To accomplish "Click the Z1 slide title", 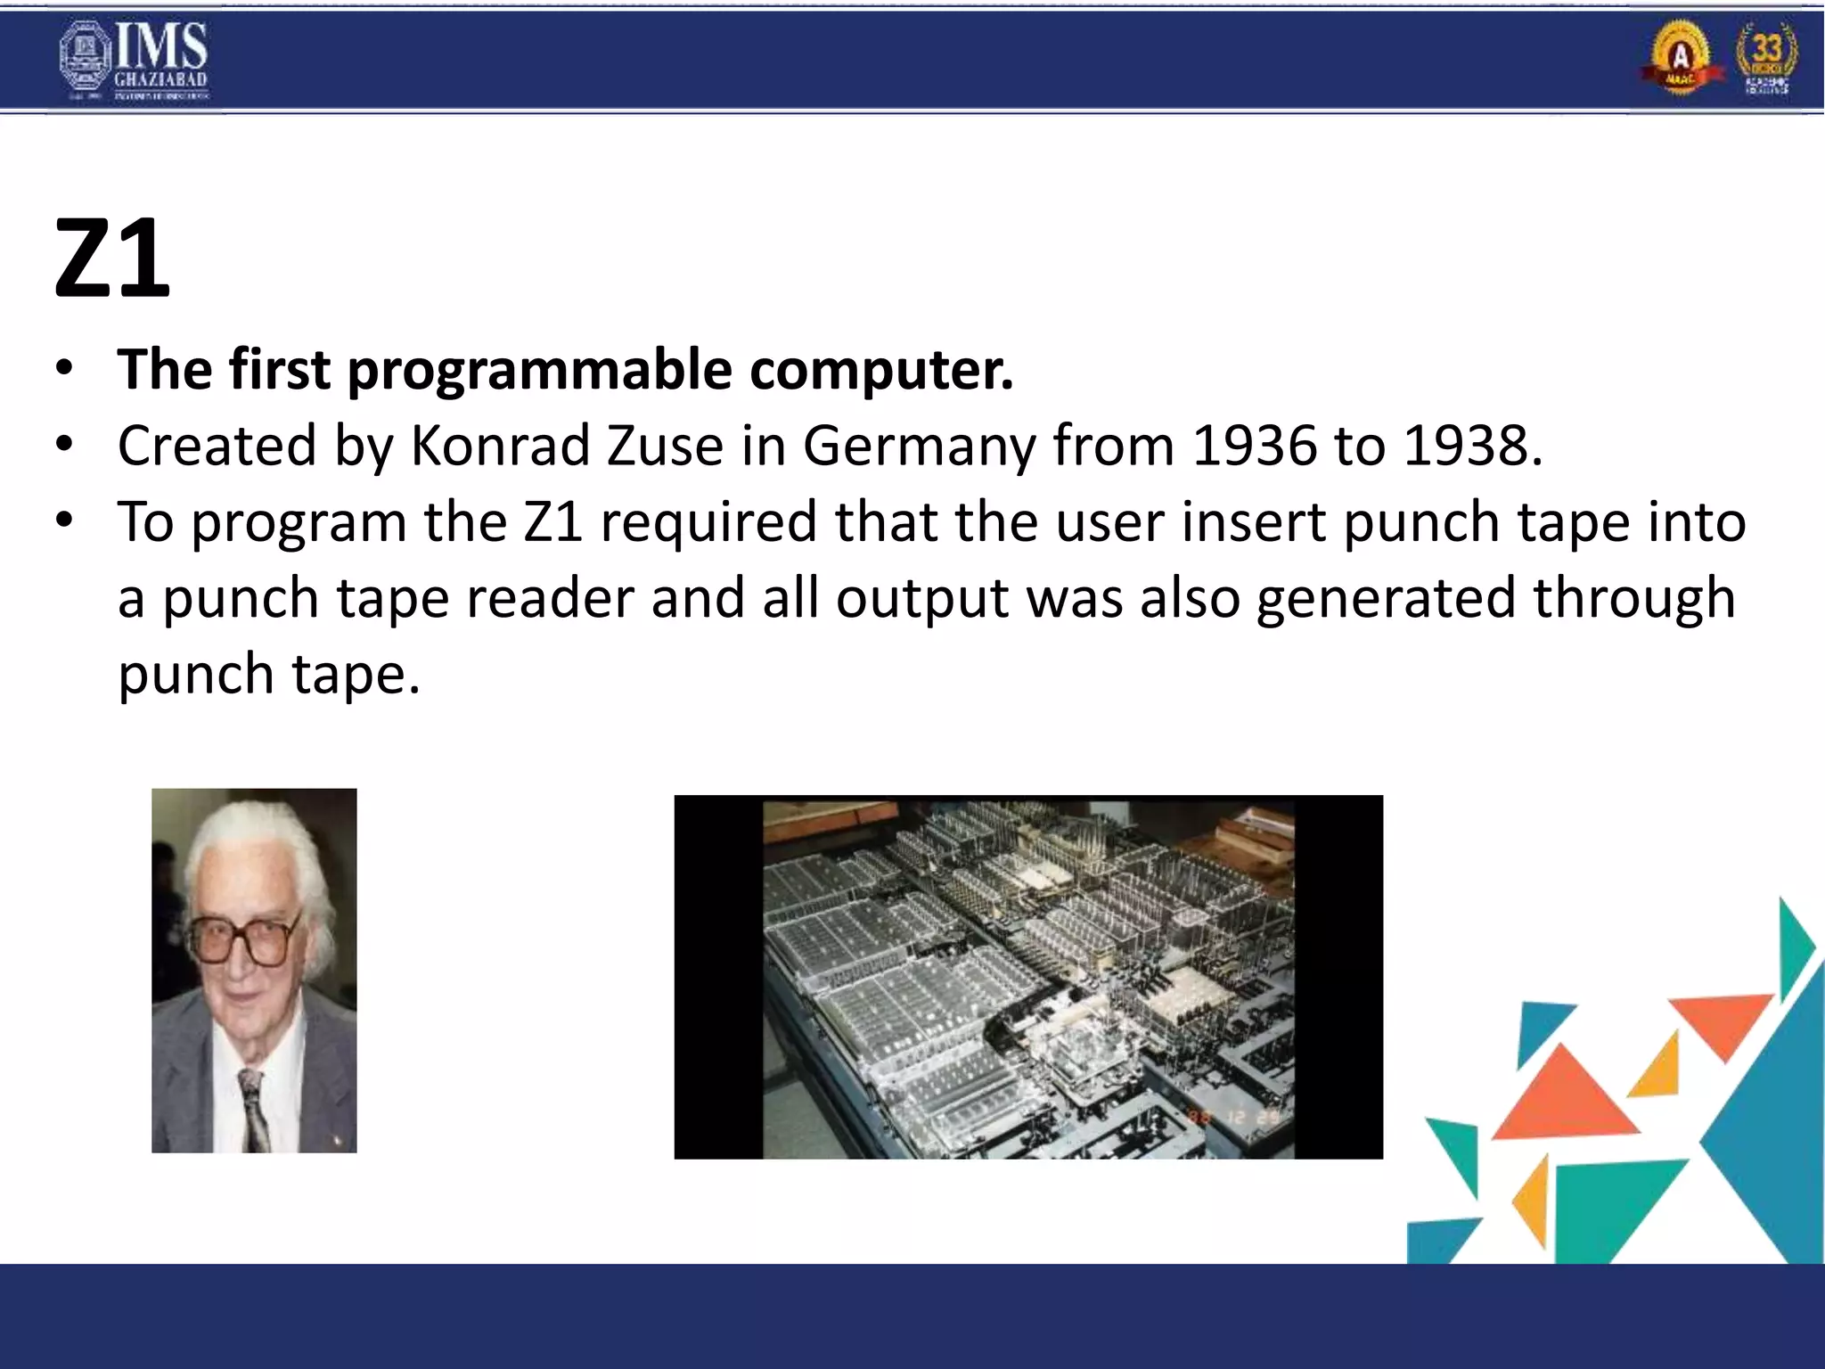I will pos(112,260).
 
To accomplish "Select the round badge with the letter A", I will pos(1680,57).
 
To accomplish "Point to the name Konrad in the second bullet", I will pos(499,446).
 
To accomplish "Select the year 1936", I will pos(1254,446).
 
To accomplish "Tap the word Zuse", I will pos(665,446).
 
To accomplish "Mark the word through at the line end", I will pos(1634,600).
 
